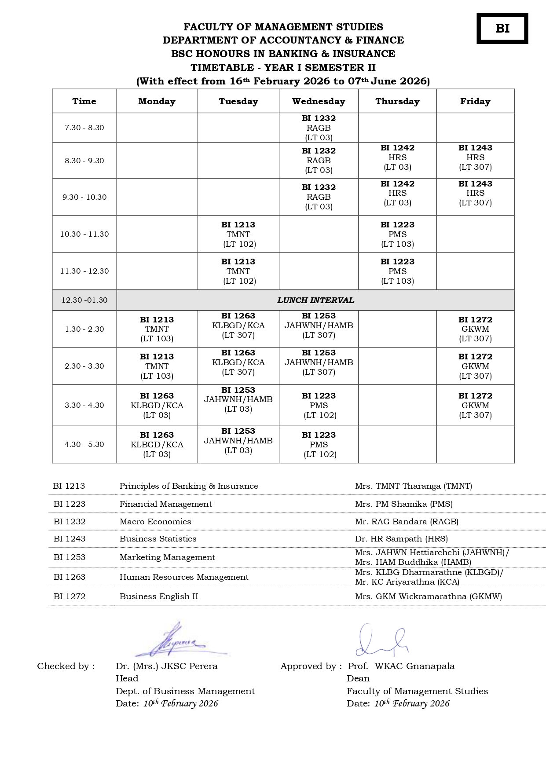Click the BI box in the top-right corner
pyautogui.click(x=502, y=29)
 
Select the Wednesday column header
pyautogui.click(x=319, y=101)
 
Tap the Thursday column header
pyautogui.click(x=397, y=101)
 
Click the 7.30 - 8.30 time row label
pyautogui.click(x=84, y=128)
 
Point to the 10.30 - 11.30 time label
pyautogui.click(x=84, y=234)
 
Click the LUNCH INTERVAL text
pyautogui.click(x=315, y=300)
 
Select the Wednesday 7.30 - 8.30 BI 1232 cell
pyautogui.click(x=319, y=128)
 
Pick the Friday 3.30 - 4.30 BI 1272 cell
pyautogui.click(x=475, y=405)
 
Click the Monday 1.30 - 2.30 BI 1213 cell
pyautogui.click(x=157, y=329)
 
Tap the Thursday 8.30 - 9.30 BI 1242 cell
pyautogui.click(x=397, y=157)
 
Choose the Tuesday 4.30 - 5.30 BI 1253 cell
pyautogui.click(x=238, y=441)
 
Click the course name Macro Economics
pyautogui.click(x=155, y=522)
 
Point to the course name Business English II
pyautogui.click(x=159, y=596)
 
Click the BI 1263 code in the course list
pyautogui.click(x=70, y=577)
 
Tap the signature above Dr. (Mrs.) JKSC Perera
pyautogui.click(x=178, y=641)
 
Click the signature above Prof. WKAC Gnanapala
pyautogui.click(x=381, y=640)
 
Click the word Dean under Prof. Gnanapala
pyautogui.click(x=358, y=679)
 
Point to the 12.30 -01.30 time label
pyautogui.click(x=84, y=300)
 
